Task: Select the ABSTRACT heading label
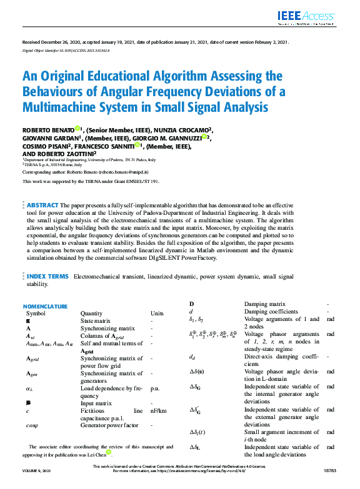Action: point(42,205)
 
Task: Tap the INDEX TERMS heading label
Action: point(47,275)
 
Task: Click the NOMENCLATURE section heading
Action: point(45,307)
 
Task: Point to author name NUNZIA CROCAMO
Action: point(179,130)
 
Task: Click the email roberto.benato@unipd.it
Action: point(121,170)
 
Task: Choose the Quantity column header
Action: point(93,314)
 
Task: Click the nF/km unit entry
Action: point(158,411)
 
